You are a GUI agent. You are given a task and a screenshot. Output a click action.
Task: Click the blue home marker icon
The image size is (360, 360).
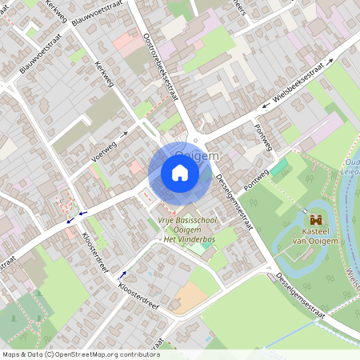(180, 173)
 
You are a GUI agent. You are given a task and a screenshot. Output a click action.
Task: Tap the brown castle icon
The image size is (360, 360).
(315, 218)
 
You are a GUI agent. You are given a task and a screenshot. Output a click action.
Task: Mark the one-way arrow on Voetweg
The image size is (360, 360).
(125, 134)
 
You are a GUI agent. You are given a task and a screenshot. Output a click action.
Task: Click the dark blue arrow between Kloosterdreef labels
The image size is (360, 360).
(123, 274)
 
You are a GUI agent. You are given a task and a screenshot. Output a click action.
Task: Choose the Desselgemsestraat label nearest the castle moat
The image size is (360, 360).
(302, 294)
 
